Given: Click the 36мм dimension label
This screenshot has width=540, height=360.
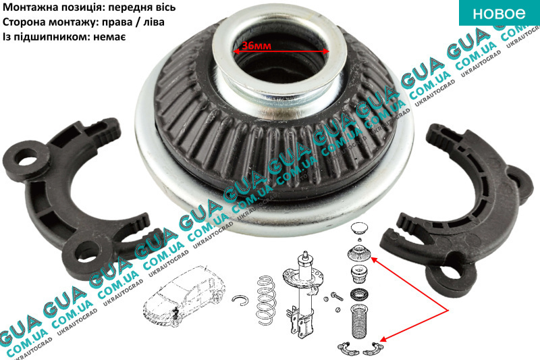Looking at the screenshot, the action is coord(256,45).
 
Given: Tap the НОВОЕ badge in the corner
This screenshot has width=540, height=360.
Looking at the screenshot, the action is coord(500,13).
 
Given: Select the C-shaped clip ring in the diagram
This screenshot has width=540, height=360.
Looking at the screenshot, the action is coord(240,300).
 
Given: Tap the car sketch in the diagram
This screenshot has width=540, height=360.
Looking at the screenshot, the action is coord(184,297).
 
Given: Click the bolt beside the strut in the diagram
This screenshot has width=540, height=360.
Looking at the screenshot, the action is coord(336,296).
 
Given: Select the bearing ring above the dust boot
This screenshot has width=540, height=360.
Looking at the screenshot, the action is coord(359,295).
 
